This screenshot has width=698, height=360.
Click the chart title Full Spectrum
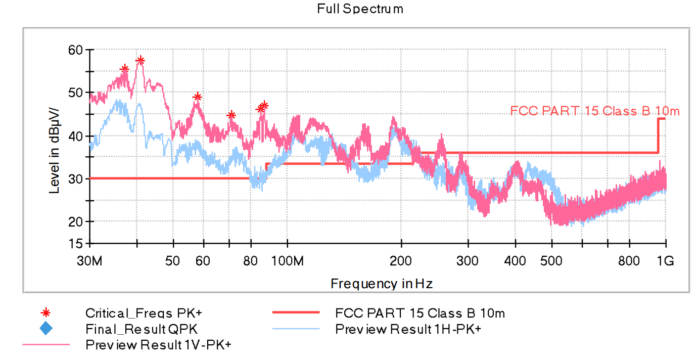(x=360, y=9)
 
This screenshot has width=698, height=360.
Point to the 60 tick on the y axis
(x=75, y=50)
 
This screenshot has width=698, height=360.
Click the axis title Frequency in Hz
(x=382, y=284)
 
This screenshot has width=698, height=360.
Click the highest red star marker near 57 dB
(x=140, y=61)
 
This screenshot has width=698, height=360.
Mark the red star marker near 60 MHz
(x=197, y=97)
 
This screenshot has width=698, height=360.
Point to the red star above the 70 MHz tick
(x=231, y=115)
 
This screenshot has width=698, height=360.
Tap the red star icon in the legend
(x=45, y=313)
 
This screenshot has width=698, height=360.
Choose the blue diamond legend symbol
(x=45, y=329)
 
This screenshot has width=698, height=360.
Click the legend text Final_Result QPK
(x=142, y=329)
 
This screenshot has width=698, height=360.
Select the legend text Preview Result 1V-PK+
(x=158, y=345)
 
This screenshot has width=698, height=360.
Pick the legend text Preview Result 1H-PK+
(x=408, y=329)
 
